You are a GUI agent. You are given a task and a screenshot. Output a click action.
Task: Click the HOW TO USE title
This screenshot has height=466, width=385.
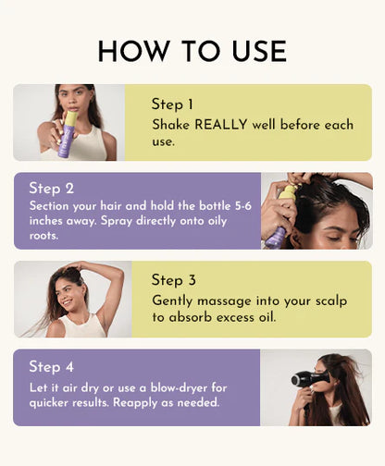click(192, 51)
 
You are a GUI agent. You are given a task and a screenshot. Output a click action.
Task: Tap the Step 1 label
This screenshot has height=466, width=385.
click(173, 104)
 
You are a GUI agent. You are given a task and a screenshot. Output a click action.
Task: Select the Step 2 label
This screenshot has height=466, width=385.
click(51, 189)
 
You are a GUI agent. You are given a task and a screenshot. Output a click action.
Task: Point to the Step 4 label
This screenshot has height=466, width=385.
click(51, 367)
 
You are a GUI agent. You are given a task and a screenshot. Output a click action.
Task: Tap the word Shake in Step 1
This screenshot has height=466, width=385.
click(171, 124)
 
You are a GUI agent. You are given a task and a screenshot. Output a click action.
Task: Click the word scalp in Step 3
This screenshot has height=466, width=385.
click(326, 300)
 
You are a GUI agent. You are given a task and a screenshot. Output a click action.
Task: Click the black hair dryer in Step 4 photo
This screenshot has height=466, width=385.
click(304, 378)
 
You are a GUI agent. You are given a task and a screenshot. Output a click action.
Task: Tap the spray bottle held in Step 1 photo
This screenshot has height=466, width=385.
click(67, 134)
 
